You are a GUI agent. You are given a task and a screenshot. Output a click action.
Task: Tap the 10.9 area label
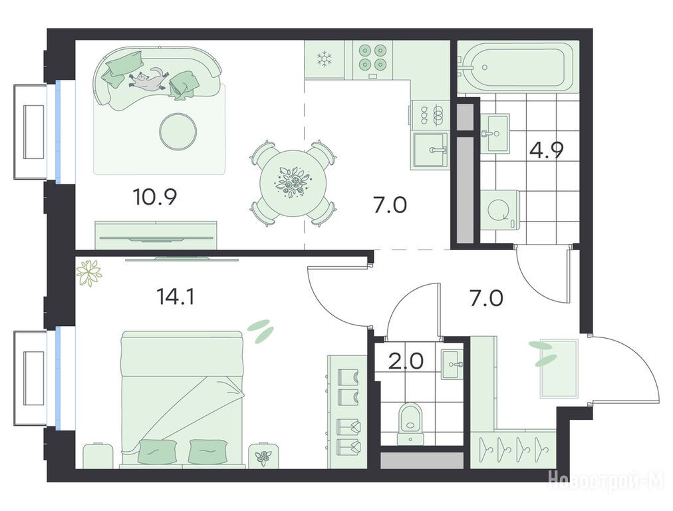[x=155, y=197]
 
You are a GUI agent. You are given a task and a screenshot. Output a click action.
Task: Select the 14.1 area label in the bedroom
[x=176, y=296]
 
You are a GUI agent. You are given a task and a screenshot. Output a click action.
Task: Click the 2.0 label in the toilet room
[x=406, y=361]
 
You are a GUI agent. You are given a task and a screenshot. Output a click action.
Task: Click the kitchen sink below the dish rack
[x=430, y=150]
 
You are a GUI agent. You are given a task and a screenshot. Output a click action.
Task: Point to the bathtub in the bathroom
[x=517, y=67]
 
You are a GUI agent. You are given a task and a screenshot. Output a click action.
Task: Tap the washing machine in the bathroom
[x=500, y=210]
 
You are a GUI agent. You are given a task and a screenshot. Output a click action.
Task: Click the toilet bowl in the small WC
[x=411, y=423]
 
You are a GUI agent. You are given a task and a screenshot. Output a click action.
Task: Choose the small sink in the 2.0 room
[x=452, y=365]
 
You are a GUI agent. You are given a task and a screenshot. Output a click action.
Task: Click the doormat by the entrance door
[x=559, y=369]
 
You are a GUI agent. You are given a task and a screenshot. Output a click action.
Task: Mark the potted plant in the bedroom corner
[x=89, y=273]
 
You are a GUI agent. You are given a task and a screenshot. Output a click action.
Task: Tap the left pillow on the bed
[x=158, y=452]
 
